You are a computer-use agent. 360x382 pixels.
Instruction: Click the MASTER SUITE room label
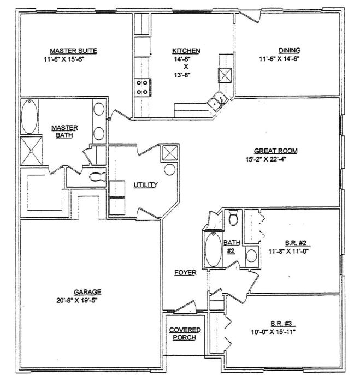73,51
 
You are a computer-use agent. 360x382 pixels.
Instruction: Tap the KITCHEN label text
186,51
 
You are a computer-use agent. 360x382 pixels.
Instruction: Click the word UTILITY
145,185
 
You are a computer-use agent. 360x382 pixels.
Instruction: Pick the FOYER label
185,272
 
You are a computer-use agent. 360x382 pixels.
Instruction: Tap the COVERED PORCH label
185,333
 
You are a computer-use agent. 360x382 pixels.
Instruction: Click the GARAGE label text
87,291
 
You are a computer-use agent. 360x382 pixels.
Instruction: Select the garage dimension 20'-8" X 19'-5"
87,300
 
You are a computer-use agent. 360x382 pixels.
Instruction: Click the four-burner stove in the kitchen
141,87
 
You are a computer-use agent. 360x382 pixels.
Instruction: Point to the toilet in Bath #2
233,218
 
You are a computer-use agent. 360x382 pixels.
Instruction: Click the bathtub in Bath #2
212,250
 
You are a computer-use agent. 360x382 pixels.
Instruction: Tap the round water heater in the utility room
170,169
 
